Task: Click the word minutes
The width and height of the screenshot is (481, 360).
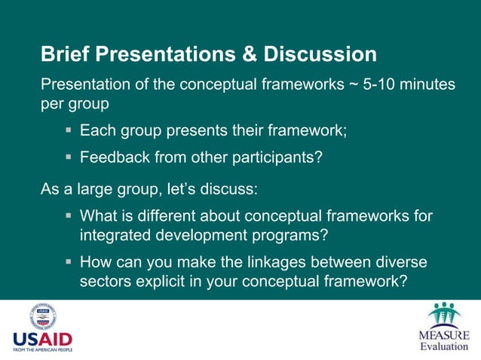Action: click(429, 84)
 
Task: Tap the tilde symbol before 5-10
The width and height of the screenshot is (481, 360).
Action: click(353, 84)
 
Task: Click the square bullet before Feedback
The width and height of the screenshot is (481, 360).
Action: click(69, 158)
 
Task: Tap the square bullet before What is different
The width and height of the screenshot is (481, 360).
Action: click(69, 216)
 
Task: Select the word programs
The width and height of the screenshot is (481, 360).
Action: click(290, 235)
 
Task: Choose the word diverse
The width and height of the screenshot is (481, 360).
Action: click(399, 262)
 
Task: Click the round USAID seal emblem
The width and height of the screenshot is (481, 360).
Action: click(43, 316)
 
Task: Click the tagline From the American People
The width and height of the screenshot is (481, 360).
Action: click(43, 349)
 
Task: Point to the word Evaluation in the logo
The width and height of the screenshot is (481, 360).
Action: click(444, 346)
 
